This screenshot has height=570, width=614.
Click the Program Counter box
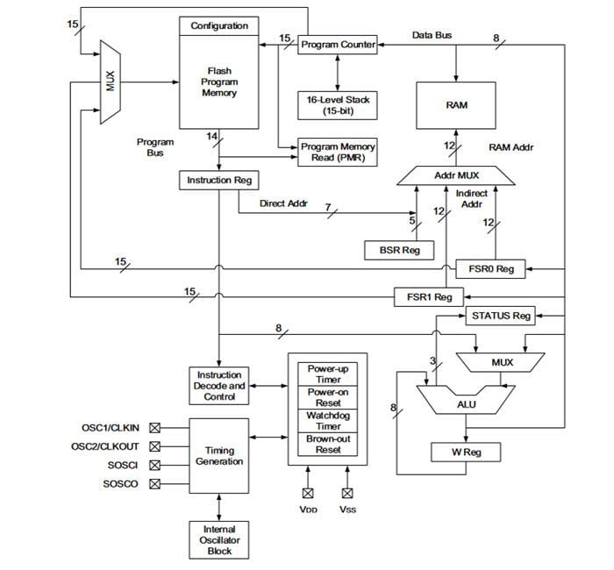(x=338, y=44)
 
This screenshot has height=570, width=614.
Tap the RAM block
(x=456, y=104)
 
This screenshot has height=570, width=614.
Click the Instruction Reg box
(x=218, y=180)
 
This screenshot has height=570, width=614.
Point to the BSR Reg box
(x=399, y=250)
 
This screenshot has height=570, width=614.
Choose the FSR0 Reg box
(x=491, y=269)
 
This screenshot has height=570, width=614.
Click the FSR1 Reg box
(x=429, y=297)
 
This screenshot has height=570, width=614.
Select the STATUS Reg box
(x=501, y=316)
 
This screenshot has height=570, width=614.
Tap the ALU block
(x=467, y=405)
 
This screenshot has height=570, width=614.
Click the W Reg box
(x=466, y=452)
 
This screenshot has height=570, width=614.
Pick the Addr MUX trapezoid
(x=456, y=175)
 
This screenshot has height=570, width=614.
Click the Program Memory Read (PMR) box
(x=338, y=153)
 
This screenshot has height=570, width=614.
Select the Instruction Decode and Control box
(x=218, y=386)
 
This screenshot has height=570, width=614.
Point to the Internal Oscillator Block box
(x=218, y=540)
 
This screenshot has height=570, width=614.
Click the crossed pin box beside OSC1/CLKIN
(x=155, y=428)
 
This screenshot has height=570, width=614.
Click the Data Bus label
(x=432, y=35)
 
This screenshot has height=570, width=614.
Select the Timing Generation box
(x=218, y=456)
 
